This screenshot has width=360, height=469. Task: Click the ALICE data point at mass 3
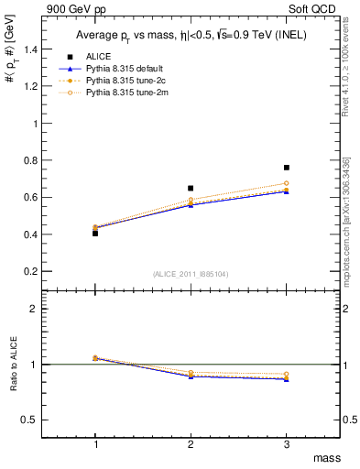[x=287, y=168]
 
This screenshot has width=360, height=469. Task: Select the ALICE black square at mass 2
[x=191, y=188]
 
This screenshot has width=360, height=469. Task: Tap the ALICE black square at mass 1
[x=95, y=234]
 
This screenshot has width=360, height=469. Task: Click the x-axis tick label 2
[x=191, y=444]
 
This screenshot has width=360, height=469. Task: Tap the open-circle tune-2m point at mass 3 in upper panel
[x=287, y=183]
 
